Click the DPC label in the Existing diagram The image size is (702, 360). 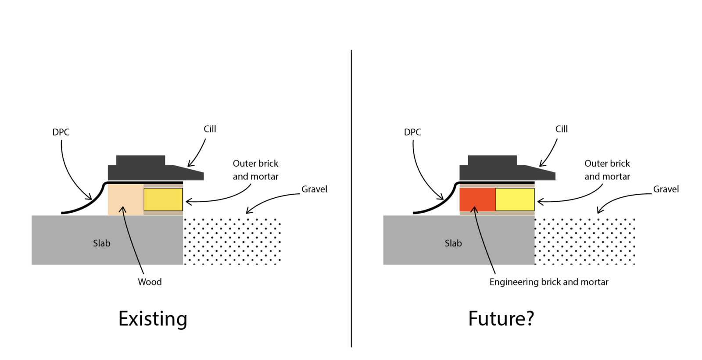61,132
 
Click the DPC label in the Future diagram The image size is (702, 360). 412,132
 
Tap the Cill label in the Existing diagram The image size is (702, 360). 210,129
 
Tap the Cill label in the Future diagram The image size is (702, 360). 561,129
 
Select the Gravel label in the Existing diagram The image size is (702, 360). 314,189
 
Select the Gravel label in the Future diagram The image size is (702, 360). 666,189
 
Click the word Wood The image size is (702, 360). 150,282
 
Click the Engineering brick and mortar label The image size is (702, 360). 549,282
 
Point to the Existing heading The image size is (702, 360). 153,319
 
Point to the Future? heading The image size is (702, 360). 501,319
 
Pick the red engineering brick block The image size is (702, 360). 477,200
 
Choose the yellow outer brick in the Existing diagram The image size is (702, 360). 163,200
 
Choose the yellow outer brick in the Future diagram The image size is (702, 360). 515,200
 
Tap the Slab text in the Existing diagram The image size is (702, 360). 101,243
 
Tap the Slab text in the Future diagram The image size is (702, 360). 453,243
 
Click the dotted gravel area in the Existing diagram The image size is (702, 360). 232,241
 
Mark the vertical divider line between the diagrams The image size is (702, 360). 351,197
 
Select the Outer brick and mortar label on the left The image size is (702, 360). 255,170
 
